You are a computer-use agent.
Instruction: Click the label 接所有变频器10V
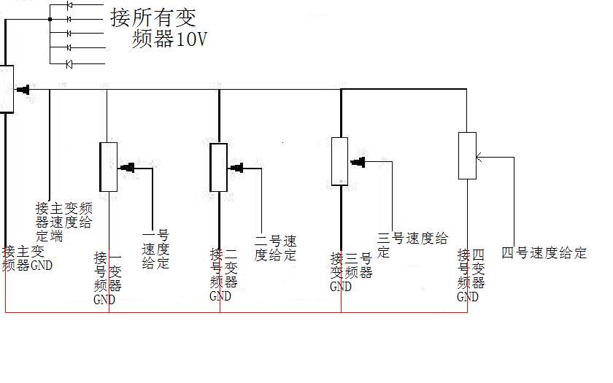(x=159, y=28)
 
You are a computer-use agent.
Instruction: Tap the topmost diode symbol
(x=69, y=5)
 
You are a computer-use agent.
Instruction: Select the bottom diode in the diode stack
(x=69, y=65)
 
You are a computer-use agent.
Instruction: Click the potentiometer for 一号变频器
(x=108, y=166)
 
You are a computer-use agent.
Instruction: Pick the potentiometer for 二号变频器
(x=219, y=167)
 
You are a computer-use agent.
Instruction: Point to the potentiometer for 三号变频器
(x=339, y=160)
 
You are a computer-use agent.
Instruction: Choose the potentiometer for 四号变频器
(x=467, y=155)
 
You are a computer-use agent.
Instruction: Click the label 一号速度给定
(x=155, y=249)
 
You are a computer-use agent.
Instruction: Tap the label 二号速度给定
(x=275, y=248)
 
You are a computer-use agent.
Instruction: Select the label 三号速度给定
(x=412, y=244)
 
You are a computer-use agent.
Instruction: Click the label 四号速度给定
(x=544, y=253)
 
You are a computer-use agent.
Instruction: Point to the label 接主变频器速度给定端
(x=64, y=222)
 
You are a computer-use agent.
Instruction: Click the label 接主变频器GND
(x=28, y=258)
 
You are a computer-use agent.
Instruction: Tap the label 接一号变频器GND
(x=107, y=278)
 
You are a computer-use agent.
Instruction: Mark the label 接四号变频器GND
(x=471, y=275)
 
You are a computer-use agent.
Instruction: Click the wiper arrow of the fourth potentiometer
(x=479, y=156)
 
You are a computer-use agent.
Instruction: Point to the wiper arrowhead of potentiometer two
(x=236, y=169)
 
